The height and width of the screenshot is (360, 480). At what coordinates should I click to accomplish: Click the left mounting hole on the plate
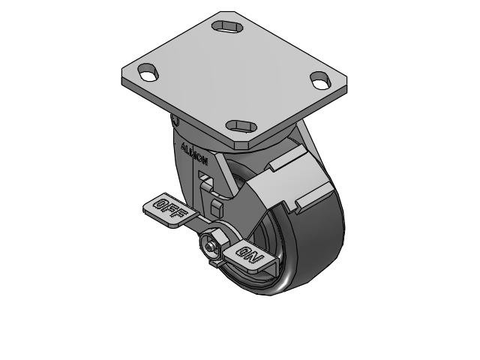pyautogui.click(x=148, y=73)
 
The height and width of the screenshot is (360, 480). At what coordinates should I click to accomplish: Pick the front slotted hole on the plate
pyautogui.click(x=241, y=125)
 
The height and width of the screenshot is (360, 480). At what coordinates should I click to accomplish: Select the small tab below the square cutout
pyautogui.click(x=216, y=205)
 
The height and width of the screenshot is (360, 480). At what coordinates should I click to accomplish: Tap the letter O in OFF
pyautogui.click(x=160, y=202)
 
